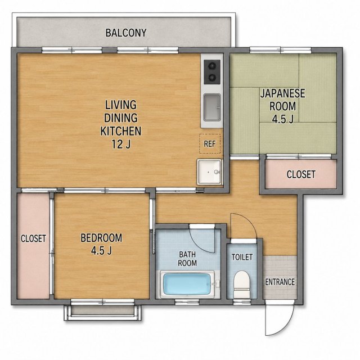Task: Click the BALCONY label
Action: [x=126, y=33]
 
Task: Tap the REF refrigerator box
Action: [x=210, y=144]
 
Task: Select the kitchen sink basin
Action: [x=212, y=107]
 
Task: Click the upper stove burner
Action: [x=212, y=66]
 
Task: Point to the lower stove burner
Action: [x=212, y=78]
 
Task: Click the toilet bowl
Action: [x=241, y=284]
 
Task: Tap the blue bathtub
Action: [x=187, y=284]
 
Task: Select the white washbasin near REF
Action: [x=209, y=172]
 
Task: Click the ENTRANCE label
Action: [x=280, y=282]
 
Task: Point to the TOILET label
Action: [x=242, y=257]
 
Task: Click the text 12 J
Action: [x=121, y=144]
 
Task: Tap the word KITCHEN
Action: [x=121, y=131]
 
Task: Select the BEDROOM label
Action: [x=101, y=238]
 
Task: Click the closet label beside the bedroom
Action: [x=33, y=238]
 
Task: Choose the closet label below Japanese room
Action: [x=301, y=174]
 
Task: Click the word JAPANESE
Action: [x=282, y=93]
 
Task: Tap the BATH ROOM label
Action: [x=187, y=259]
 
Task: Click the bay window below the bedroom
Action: [x=102, y=310]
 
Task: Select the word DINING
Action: [x=121, y=118]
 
